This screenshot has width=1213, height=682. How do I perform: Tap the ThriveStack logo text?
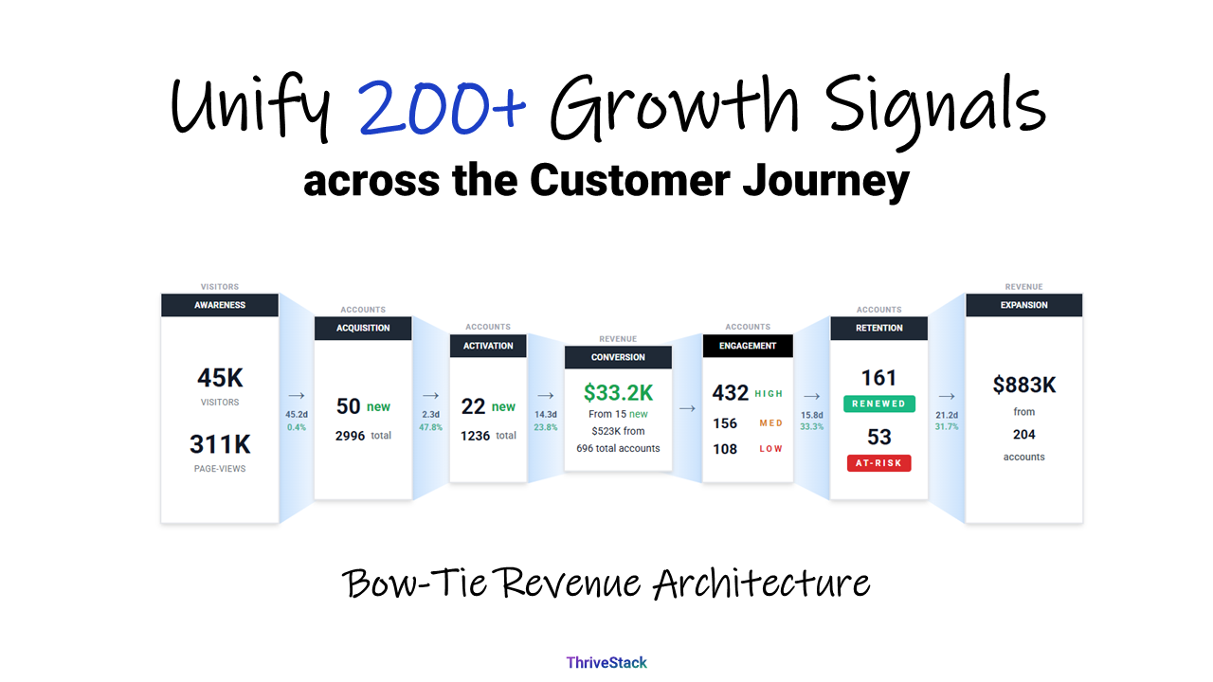606,663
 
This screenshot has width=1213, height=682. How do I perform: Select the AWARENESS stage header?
220,305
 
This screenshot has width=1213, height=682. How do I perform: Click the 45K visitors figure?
220,378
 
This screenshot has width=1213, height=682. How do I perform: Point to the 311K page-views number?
220,443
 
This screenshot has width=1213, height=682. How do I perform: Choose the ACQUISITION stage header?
363,328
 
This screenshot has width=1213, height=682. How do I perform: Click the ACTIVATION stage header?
488,346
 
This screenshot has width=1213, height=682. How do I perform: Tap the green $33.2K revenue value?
618,392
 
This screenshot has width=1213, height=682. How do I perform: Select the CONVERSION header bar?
618,357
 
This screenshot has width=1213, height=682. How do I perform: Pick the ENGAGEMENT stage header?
748,346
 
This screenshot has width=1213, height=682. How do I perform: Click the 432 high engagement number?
731,393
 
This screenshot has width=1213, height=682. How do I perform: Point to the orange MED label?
771,423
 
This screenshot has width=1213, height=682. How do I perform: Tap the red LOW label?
771,449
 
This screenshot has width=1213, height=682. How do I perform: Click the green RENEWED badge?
878,404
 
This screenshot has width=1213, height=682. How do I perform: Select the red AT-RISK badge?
878,463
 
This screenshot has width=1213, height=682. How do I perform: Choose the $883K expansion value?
1023,385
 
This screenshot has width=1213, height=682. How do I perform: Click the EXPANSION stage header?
1023,305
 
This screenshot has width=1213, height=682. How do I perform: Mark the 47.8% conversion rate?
430,427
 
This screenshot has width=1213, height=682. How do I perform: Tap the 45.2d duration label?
297,414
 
